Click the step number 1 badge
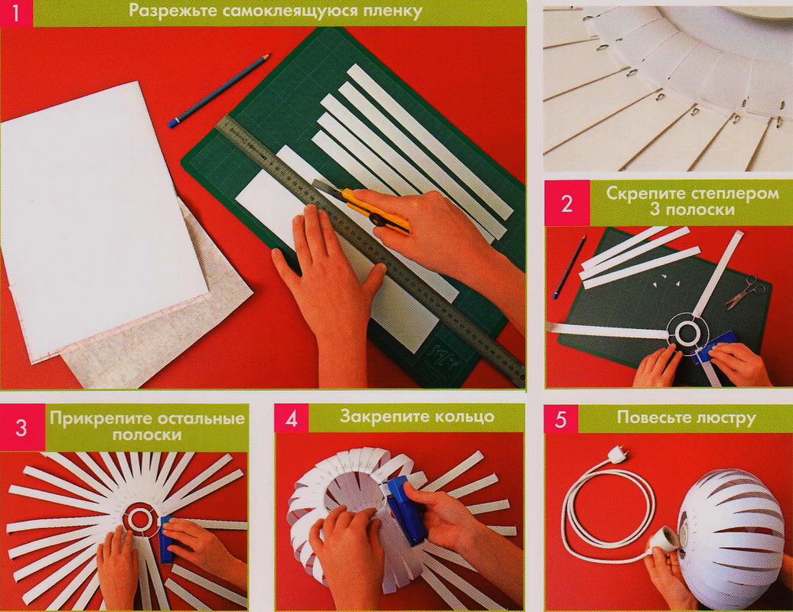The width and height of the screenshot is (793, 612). (x=16, y=13)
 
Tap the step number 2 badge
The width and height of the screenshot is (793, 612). (x=567, y=203)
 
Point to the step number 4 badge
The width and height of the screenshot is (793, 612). (x=292, y=418)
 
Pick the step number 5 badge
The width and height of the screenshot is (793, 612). (x=560, y=418)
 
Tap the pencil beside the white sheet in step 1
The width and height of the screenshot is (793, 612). (x=218, y=90)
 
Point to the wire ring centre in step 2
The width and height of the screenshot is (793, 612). (x=687, y=333)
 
